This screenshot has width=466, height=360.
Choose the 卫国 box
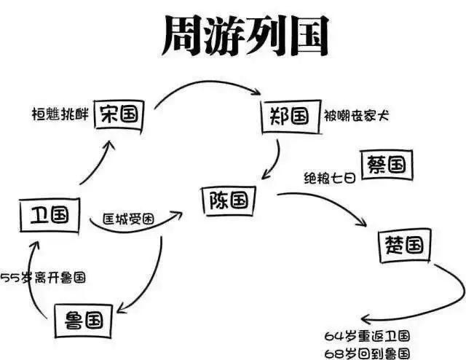49,214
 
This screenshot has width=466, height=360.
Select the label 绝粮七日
330,177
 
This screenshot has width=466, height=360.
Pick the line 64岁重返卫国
367,336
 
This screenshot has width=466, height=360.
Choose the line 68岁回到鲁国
367,351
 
